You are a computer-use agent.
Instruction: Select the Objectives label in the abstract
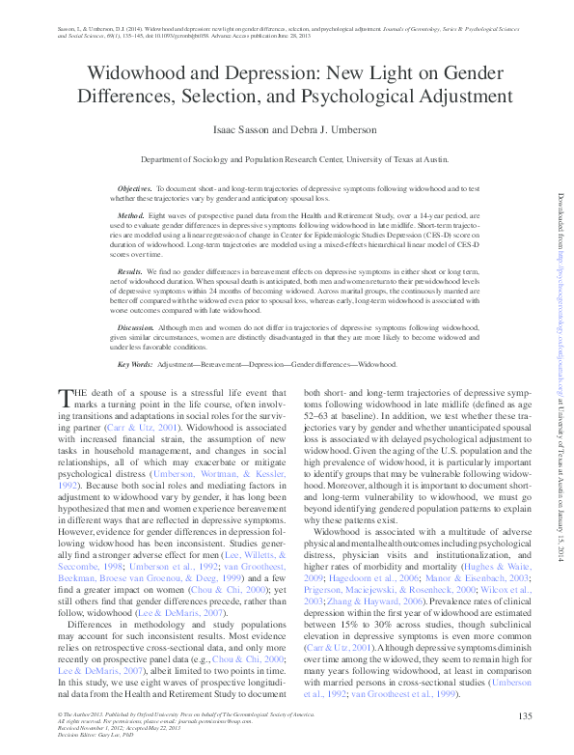tap(135, 188)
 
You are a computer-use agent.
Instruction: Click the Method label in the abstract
tap(131, 215)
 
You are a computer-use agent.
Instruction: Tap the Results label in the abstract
tap(132, 273)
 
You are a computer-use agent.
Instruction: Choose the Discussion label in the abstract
tap(137, 329)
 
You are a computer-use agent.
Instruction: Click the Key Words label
tap(136, 365)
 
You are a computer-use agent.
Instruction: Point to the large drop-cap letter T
tap(66, 398)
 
